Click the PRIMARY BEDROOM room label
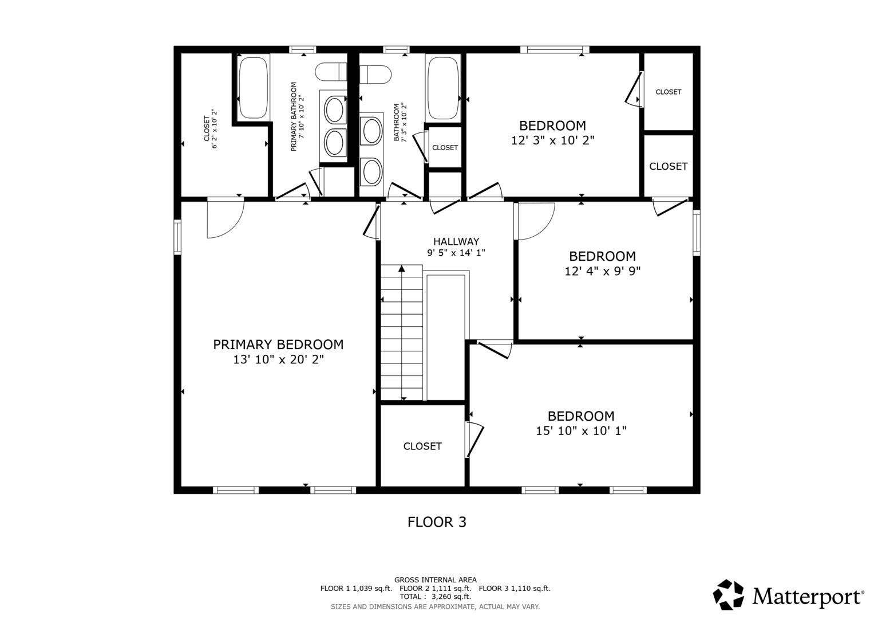tap(278, 344)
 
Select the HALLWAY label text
tap(456, 242)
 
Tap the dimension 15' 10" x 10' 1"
tap(581, 431)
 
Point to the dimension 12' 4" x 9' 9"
tap(602, 271)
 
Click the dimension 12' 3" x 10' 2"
tap(552, 140)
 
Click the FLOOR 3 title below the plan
tap(437, 522)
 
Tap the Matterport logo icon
tap(728, 594)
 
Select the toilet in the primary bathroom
tap(331, 72)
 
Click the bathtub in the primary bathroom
tap(254, 87)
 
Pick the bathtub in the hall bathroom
tap(443, 87)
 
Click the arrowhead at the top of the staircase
tap(402, 268)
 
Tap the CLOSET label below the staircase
tap(422, 446)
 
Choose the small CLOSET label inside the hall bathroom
tap(445, 148)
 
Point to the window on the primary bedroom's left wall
tap(177, 237)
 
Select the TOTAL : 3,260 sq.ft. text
tap(435, 597)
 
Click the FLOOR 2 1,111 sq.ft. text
tap(435, 589)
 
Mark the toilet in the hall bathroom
tap(375, 74)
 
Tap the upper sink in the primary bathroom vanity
tap(334, 109)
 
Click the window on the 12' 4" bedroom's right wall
tap(696, 232)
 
